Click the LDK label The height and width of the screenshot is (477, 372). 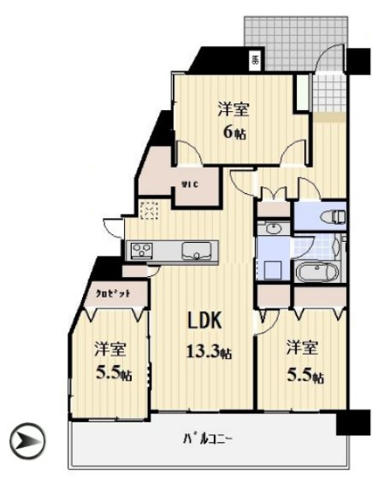[205, 321]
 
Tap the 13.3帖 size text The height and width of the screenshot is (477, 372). [209, 350]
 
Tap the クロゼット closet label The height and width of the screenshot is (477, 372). [113, 291]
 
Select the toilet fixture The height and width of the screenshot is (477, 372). [337, 214]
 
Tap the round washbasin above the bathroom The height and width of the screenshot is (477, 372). [272, 228]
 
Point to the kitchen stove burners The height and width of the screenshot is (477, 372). [141, 250]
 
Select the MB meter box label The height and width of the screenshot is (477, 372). [254, 61]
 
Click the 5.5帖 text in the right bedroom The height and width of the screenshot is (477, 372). [305, 375]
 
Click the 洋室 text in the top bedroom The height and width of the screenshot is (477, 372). [232, 109]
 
